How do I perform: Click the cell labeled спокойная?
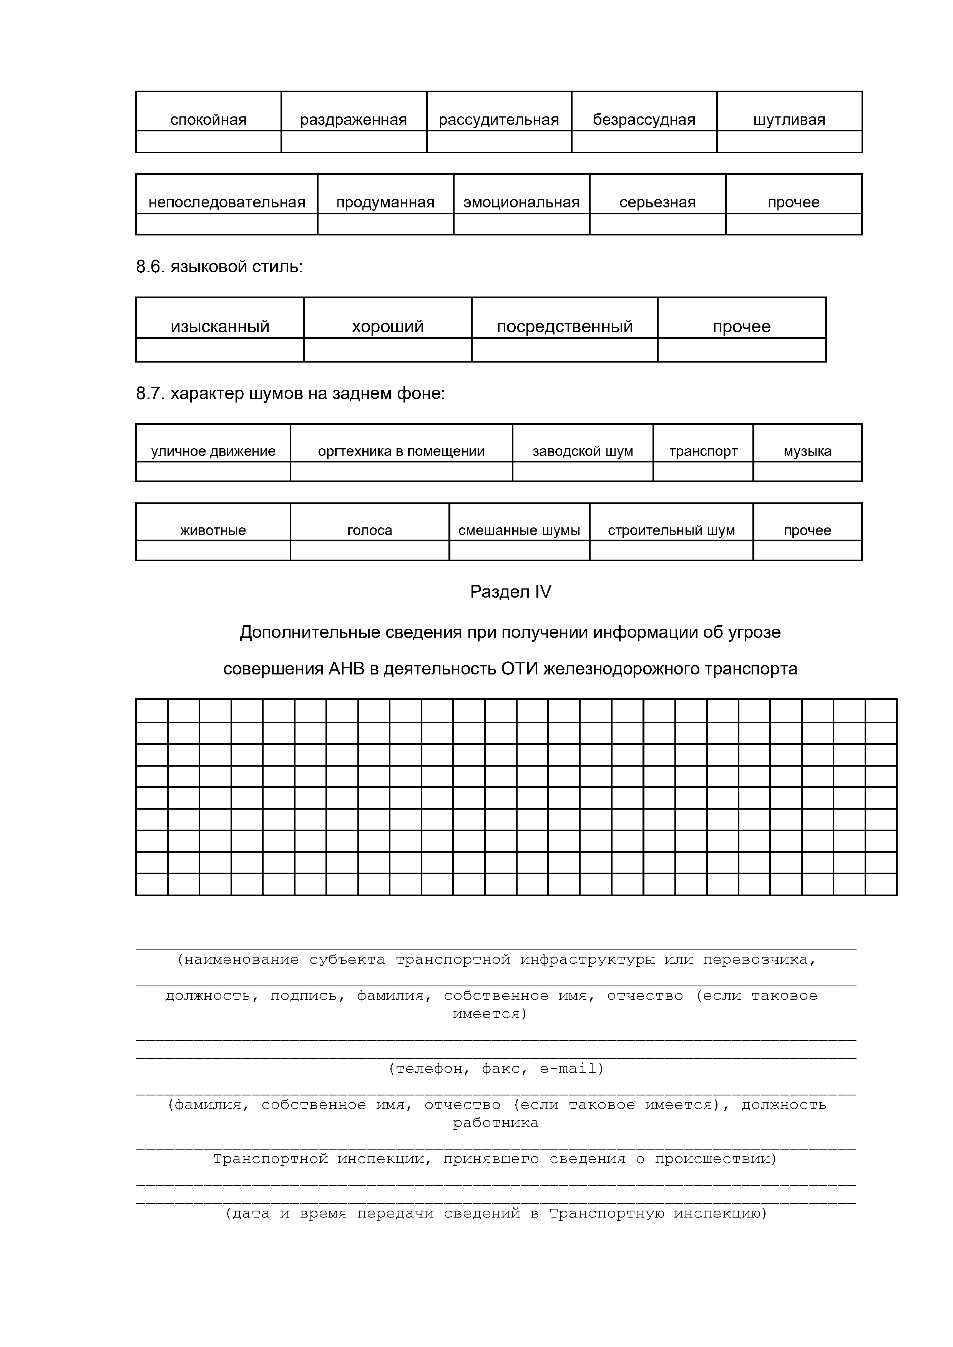(x=208, y=120)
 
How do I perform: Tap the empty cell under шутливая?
(x=789, y=141)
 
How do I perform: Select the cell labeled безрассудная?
(x=644, y=120)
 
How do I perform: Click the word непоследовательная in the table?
(x=226, y=202)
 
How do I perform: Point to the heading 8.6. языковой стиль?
(x=219, y=267)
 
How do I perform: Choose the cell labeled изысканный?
(x=220, y=326)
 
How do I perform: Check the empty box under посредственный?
(x=564, y=350)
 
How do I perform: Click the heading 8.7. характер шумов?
(x=291, y=393)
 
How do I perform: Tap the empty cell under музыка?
(x=807, y=472)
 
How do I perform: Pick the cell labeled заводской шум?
(x=583, y=451)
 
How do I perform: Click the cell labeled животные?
(x=213, y=530)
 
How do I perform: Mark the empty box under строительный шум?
(x=671, y=550)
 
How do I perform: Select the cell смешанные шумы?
(x=519, y=530)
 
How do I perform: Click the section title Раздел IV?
(x=511, y=592)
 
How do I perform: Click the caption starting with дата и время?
(x=496, y=1213)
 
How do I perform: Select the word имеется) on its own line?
(x=490, y=1013)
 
